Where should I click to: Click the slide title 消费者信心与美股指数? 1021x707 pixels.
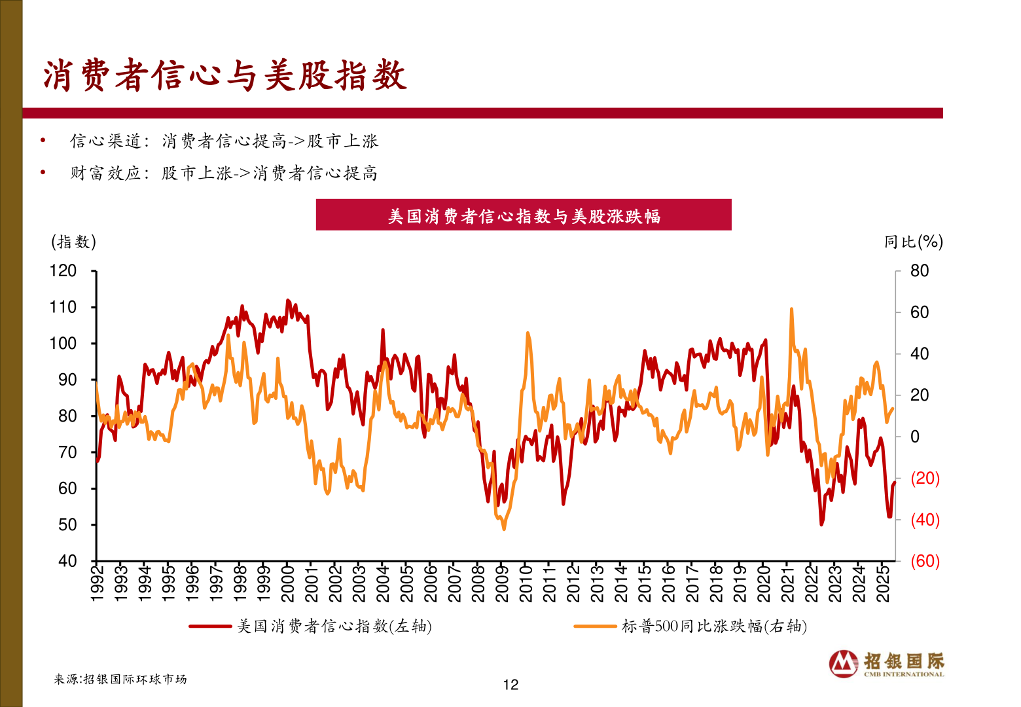click(224, 76)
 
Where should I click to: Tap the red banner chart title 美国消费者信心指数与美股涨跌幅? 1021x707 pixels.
click(524, 215)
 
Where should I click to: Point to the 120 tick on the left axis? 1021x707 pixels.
click(63, 271)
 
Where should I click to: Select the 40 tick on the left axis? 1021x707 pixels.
click(67, 561)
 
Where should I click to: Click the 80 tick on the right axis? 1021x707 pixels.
click(920, 271)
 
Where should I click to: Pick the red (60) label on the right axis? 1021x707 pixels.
click(925, 561)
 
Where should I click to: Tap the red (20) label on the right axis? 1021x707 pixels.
click(925, 478)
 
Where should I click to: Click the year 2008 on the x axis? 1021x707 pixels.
click(478, 583)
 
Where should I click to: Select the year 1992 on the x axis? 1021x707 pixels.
click(97, 583)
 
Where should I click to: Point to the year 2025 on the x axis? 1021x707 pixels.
click(882, 583)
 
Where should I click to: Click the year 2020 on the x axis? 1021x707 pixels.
click(764, 583)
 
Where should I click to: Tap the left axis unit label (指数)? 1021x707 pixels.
click(74, 242)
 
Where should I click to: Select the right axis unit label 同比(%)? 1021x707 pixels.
click(913, 242)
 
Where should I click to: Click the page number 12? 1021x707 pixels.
click(510, 685)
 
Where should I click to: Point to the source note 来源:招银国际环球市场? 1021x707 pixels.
click(120, 680)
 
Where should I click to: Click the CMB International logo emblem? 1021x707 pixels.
click(844, 664)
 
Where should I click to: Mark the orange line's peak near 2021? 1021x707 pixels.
click(791, 308)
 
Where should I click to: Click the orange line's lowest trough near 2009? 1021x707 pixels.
click(503, 529)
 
